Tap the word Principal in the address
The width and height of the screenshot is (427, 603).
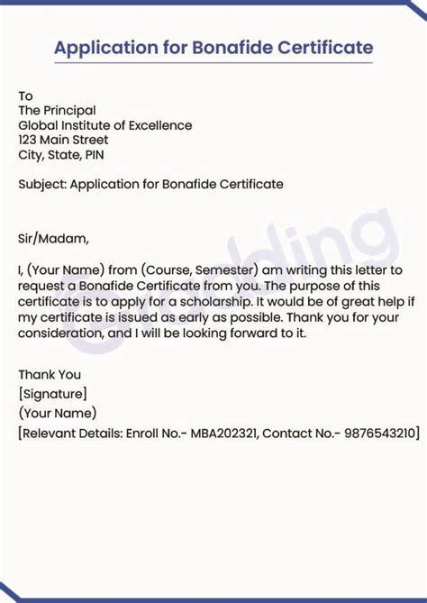coord(70,111)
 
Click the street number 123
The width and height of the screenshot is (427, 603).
coord(30,140)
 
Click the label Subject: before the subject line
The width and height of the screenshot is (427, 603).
coord(41,184)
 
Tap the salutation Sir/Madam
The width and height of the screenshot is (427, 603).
coord(54,239)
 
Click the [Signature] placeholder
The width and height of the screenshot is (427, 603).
coord(52,393)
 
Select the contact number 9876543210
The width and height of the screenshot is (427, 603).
coord(379,434)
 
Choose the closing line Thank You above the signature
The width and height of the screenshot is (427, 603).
coord(50,374)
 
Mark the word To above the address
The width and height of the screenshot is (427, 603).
coord(25,96)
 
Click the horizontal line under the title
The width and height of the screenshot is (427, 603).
coord(213,63)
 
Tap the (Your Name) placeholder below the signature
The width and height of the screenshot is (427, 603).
coord(57,413)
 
